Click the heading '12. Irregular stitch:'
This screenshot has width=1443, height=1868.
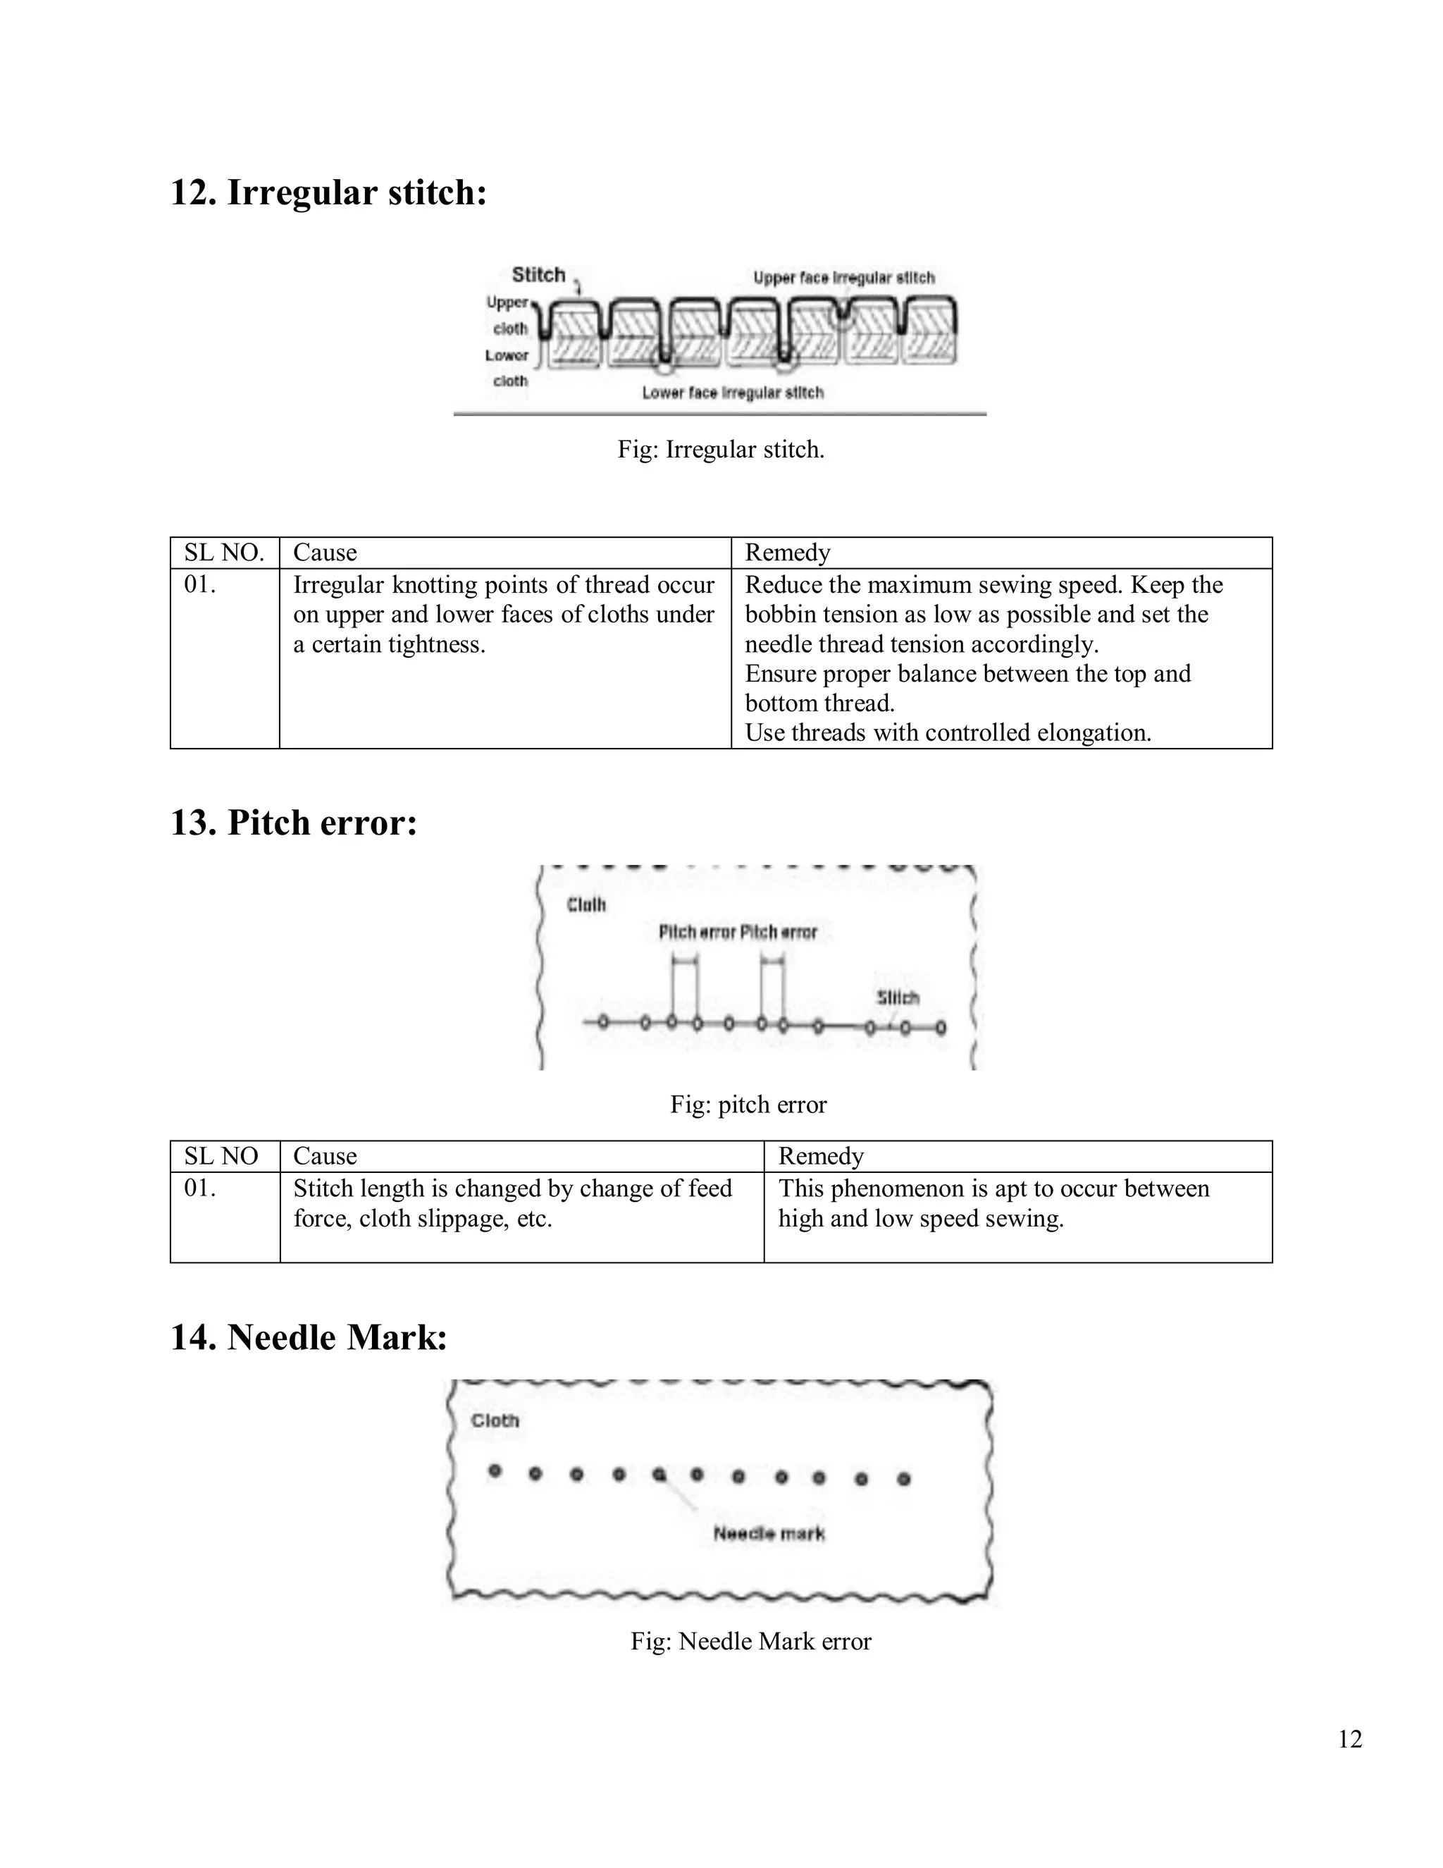(x=328, y=192)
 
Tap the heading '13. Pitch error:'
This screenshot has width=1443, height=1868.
(x=294, y=823)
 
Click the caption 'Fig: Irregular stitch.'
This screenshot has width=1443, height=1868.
(x=721, y=450)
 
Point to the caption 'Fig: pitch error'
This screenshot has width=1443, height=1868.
(x=748, y=1105)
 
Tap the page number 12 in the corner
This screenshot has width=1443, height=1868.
(x=1350, y=1739)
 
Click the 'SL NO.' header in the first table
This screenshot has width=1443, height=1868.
(x=224, y=553)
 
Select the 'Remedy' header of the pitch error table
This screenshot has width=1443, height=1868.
(x=821, y=1156)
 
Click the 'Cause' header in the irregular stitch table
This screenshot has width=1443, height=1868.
(x=325, y=553)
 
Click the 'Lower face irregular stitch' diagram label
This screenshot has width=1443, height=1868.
(x=733, y=393)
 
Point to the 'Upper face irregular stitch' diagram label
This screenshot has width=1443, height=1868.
(x=843, y=278)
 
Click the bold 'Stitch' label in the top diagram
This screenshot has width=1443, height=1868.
(x=538, y=274)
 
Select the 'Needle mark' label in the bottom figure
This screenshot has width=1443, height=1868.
(x=769, y=1534)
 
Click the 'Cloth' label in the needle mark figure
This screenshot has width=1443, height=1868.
(x=495, y=1420)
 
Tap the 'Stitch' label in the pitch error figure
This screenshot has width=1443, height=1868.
(x=898, y=997)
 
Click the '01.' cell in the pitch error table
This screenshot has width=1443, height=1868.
(x=200, y=1189)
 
